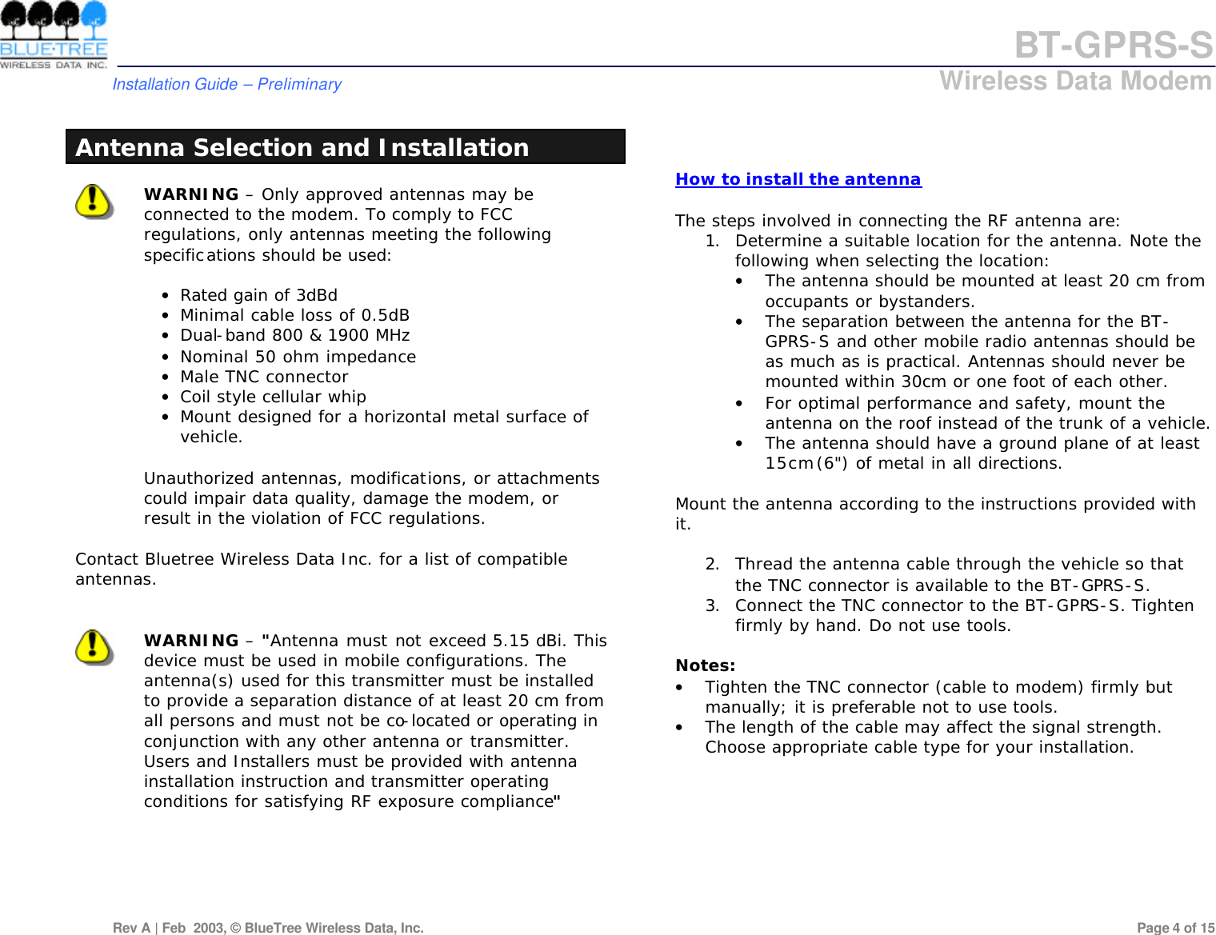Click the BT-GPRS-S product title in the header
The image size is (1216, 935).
tap(1113, 46)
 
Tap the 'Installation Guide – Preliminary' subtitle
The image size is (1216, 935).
tap(226, 84)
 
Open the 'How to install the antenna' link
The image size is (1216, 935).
tap(798, 179)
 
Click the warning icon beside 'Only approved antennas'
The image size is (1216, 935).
tap(94, 201)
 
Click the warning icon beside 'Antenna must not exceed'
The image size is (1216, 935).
tap(94, 647)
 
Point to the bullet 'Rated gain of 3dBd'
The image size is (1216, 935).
tap(258, 295)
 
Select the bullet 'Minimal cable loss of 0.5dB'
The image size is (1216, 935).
tap(294, 315)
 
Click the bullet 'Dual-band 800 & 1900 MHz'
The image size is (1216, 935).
tap(294, 335)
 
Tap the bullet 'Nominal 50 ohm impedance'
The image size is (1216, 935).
tap(298, 357)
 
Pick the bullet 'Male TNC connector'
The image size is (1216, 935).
tap(264, 377)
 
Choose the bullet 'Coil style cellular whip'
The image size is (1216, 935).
tap(273, 397)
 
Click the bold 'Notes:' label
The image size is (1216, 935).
tap(705, 665)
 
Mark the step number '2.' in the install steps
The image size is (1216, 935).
tap(712, 565)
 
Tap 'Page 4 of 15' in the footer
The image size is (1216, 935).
tap(1174, 928)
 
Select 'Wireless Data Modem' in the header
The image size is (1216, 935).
tap(1074, 82)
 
